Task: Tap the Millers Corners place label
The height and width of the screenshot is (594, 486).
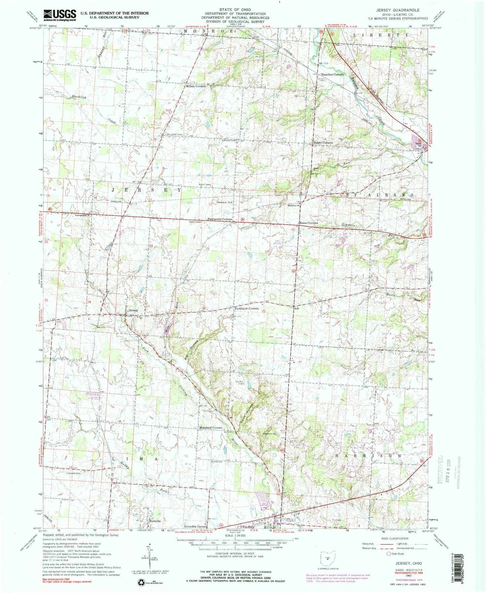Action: (x=196, y=86)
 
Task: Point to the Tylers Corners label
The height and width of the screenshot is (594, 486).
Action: (x=323, y=143)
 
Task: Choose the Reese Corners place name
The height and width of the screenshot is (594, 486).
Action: (x=309, y=223)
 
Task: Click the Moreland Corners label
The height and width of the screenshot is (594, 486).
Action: (x=211, y=428)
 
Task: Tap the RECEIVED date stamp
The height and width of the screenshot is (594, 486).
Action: (x=443, y=471)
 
